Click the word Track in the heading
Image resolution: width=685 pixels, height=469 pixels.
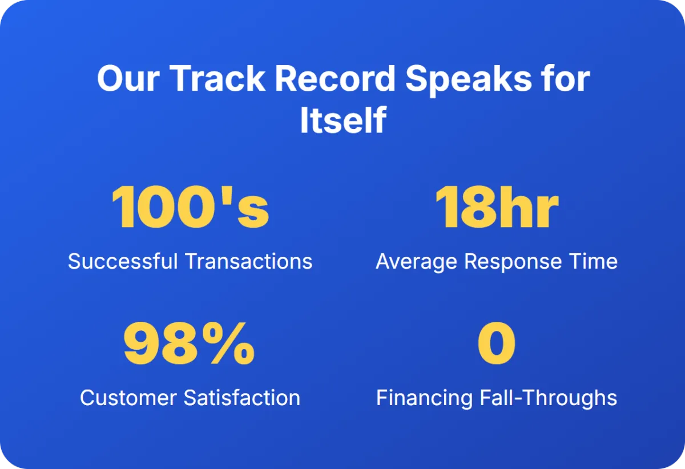(217, 78)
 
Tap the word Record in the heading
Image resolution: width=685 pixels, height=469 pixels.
(335, 78)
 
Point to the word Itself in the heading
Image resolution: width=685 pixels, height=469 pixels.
(343, 120)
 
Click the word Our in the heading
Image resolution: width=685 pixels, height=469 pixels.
(128, 78)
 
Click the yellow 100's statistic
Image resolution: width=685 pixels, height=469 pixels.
(190, 207)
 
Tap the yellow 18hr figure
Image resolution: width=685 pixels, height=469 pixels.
(497, 207)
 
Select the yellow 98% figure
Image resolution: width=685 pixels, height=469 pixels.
(189, 343)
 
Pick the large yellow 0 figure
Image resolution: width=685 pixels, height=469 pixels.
(496, 343)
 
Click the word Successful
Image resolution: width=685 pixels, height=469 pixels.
(123, 261)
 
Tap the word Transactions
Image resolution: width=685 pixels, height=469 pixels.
(249, 261)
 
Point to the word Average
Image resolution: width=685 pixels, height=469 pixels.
(416, 262)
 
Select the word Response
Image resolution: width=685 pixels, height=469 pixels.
(513, 262)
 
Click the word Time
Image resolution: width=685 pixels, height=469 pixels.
(593, 261)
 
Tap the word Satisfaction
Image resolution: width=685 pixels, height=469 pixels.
(242, 398)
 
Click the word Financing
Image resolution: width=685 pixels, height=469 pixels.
(424, 399)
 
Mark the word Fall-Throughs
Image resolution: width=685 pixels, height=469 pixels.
(549, 399)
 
